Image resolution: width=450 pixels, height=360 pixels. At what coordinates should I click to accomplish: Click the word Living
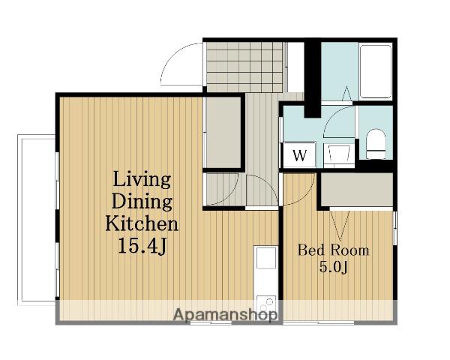pos(142,181)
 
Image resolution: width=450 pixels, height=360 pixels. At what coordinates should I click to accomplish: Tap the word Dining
pos(142,202)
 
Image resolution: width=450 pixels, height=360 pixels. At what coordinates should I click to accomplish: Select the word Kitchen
pos(142,224)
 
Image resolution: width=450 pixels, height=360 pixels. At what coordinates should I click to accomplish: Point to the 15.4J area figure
pos(142,246)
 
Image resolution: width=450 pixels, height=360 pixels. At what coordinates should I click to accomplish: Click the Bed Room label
pos(333,250)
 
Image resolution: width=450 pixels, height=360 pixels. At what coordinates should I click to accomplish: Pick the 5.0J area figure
pos(333,268)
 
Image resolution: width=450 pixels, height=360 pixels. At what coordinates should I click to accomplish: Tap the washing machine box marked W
pos(299,155)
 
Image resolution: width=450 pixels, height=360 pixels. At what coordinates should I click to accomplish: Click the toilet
pos(376,143)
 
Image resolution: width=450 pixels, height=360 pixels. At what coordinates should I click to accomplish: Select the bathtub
pos(376,72)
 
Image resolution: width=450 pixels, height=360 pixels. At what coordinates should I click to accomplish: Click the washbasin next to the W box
pos(339,153)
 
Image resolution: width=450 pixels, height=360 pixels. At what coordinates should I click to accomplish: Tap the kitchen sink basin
pos(266,258)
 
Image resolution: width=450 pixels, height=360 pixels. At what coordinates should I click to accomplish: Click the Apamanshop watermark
pos(226,315)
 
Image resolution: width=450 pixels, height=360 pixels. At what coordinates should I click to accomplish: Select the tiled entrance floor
pos(244,67)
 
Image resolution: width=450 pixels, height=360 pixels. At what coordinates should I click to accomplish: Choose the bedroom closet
pos(356,189)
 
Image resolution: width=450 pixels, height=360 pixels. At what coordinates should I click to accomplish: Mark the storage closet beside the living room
pos(223,132)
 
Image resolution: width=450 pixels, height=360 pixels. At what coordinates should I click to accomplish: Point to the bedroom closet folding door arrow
pos(340,225)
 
